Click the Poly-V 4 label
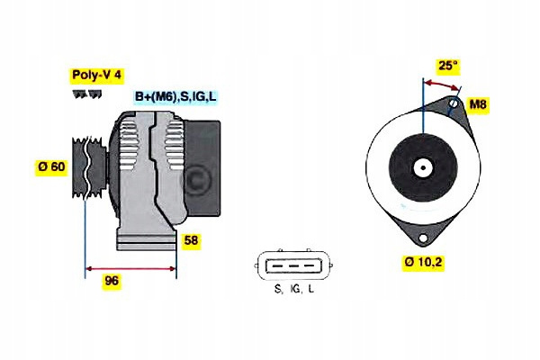[x=97, y=75]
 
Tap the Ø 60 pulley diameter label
[x=51, y=166]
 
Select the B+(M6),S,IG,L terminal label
[x=175, y=96]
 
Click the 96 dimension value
[x=112, y=281]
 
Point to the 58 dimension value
[x=191, y=240]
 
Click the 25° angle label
[x=447, y=66]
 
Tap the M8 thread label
[x=478, y=103]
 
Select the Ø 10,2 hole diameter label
[x=424, y=263]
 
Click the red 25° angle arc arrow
[x=442, y=85]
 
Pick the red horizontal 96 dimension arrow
[x=130, y=269]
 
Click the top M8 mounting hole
[x=454, y=103]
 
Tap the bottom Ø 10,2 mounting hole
[x=423, y=238]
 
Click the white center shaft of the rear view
[x=423, y=168]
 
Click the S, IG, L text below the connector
[x=294, y=289]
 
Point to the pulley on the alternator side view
[x=89, y=167]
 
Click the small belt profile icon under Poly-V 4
[x=87, y=94]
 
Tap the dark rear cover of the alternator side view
[x=202, y=168]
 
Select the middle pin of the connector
[x=293, y=266]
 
